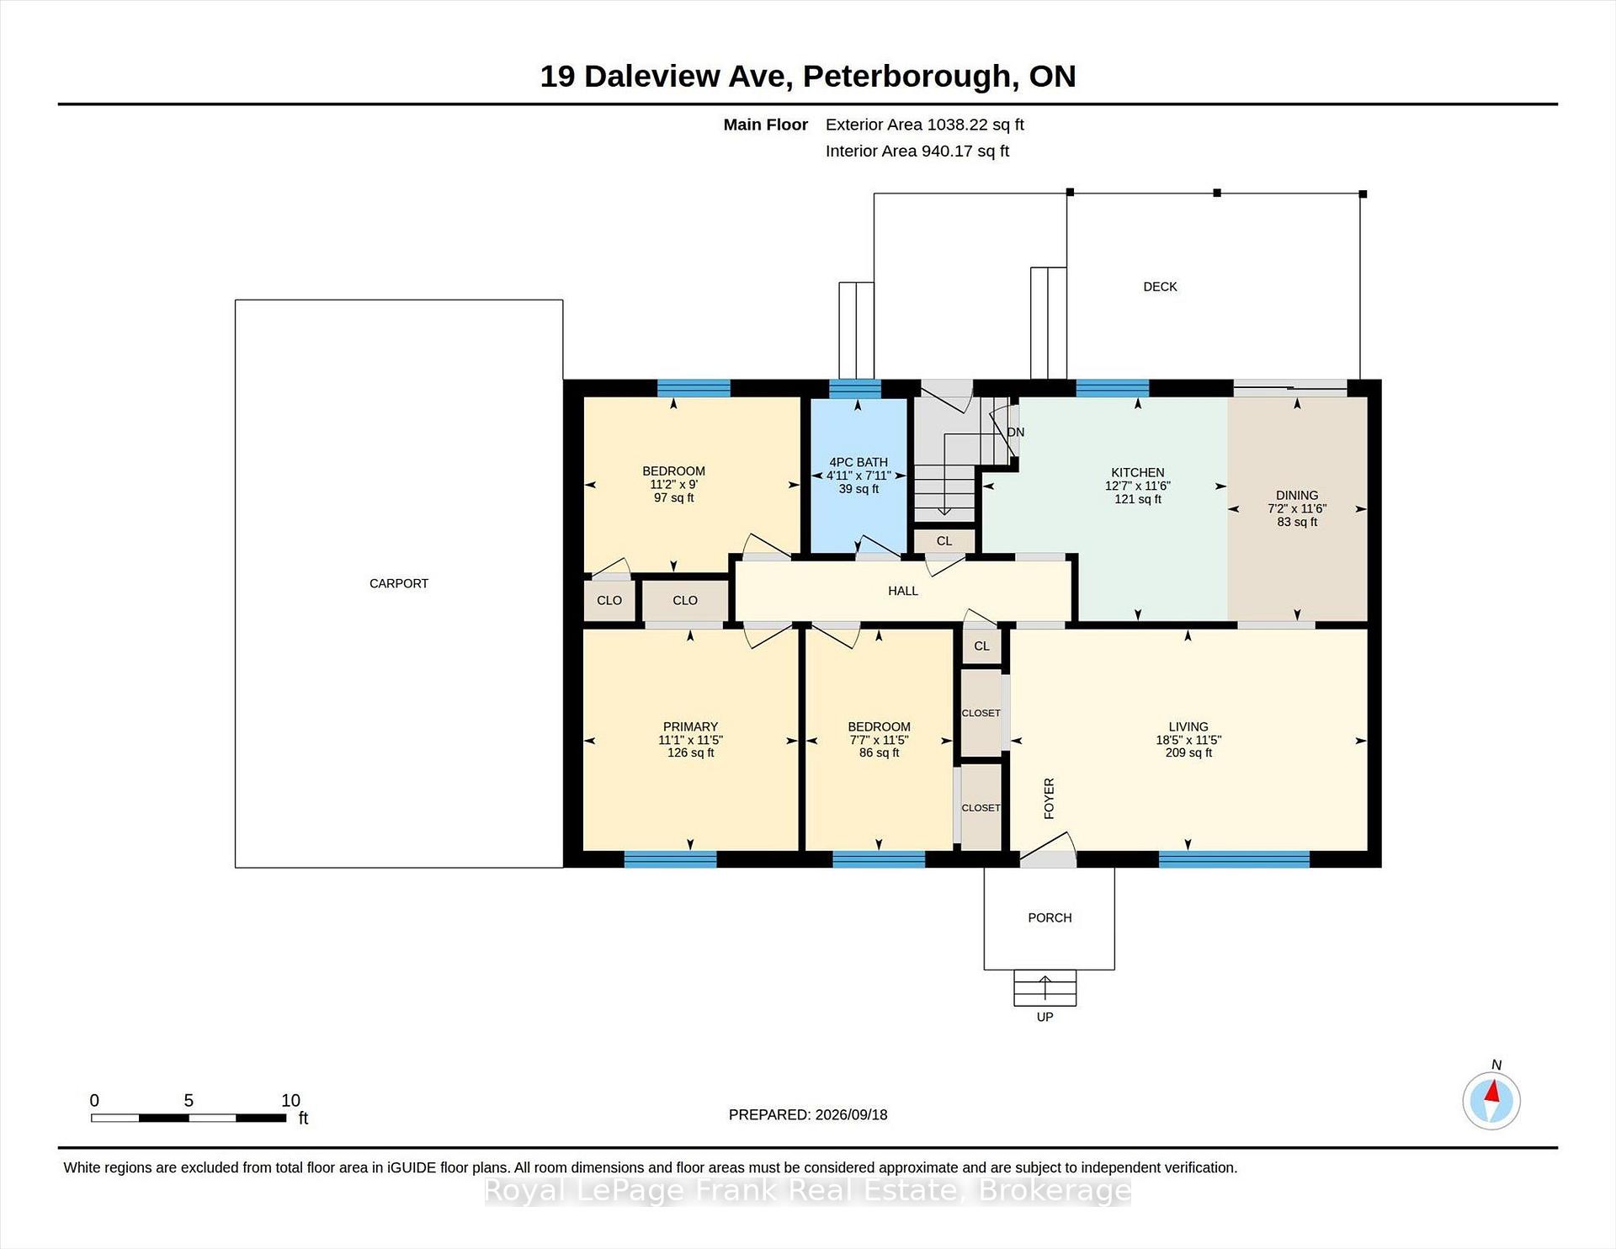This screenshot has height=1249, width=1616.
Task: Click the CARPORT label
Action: [399, 583]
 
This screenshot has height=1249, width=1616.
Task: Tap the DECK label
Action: [1160, 287]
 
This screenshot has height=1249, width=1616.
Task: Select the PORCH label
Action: [1050, 917]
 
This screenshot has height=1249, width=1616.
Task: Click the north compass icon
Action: [1491, 1100]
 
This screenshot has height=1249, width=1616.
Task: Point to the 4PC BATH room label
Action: [858, 462]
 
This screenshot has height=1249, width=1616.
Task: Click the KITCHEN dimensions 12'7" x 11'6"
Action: [1138, 486]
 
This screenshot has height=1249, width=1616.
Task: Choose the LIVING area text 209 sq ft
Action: [1188, 752]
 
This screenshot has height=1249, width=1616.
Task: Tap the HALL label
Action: [903, 591]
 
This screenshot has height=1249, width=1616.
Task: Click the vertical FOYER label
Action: [1049, 799]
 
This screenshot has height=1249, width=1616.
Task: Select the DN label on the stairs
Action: [1016, 433]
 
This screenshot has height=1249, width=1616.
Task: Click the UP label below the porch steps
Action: [1045, 1017]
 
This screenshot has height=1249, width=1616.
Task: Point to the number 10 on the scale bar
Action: [290, 1100]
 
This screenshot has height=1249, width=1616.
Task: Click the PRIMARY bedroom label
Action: [690, 727]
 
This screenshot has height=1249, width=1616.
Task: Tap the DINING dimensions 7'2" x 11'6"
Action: [1296, 508]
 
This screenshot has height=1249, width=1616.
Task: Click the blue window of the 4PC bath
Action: [855, 389]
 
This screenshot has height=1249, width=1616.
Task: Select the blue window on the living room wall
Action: [1234, 859]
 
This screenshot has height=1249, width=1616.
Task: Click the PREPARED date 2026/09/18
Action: [851, 1114]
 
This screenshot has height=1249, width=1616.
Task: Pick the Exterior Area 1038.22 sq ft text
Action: [924, 125]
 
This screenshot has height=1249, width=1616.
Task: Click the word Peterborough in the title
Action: [906, 77]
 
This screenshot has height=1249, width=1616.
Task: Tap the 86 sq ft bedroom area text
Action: [879, 752]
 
